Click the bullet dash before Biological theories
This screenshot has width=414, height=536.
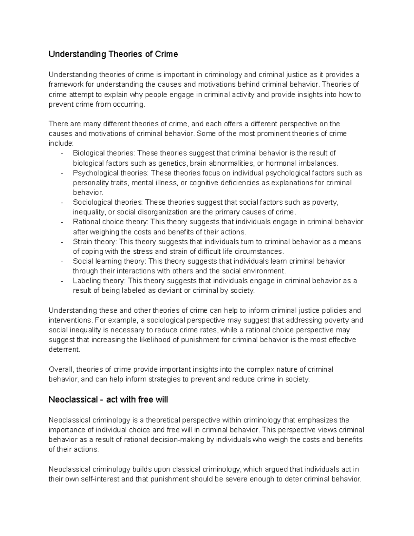tap(61, 153)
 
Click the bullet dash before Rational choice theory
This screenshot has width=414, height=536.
tap(61, 222)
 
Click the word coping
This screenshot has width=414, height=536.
tap(92, 251)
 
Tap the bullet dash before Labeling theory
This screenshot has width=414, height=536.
tap(61, 281)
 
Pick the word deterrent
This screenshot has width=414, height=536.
tap(64, 350)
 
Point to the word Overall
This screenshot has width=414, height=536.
tap(61, 369)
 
